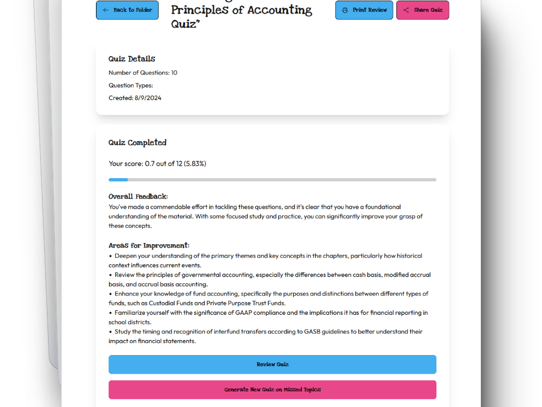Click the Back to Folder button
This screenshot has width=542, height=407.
pos(127,10)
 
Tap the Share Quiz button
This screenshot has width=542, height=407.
pos(422,10)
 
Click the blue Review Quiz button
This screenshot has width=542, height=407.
pos(272,365)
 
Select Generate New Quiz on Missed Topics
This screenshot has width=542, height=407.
pos(272,390)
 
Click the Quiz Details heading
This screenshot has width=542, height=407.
pos(132,59)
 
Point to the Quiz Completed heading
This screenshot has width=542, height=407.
pos(137,142)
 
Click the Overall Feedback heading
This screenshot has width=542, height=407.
pos(138,197)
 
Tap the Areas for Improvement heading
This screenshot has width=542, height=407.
pos(148,246)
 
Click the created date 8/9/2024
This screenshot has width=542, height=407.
pos(148,98)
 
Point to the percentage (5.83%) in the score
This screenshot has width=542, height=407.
pos(195,164)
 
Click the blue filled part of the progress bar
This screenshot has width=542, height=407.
pos(118,180)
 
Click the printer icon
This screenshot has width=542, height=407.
pos(345,10)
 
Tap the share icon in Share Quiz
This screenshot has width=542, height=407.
pos(406,10)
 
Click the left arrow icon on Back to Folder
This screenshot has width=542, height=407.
pos(106,10)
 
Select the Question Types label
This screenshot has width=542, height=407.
pos(130,85)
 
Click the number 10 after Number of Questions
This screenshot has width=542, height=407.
pos(174,73)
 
